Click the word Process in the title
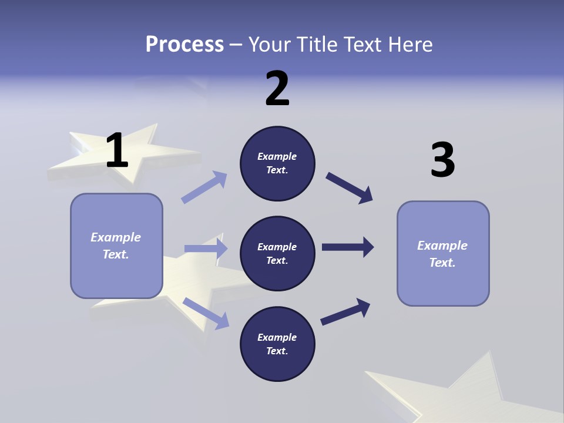pyautogui.click(x=184, y=44)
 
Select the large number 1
pyautogui.click(x=117, y=151)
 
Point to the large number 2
pyautogui.click(x=277, y=89)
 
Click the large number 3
pyautogui.click(x=442, y=160)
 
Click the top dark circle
pyautogui.click(x=277, y=163)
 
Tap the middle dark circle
pyautogui.click(x=277, y=254)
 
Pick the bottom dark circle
pyautogui.click(x=277, y=344)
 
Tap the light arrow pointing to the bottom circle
pyautogui.click(x=206, y=313)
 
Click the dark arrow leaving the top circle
pyautogui.click(x=349, y=188)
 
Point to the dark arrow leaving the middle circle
pyautogui.click(x=347, y=247)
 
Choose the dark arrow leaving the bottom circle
pyautogui.click(x=345, y=312)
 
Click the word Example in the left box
pyautogui.click(x=116, y=237)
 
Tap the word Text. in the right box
pyautogui.click(x=442, y=263)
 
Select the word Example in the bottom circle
pyautogui.click(x=277, y=337)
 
